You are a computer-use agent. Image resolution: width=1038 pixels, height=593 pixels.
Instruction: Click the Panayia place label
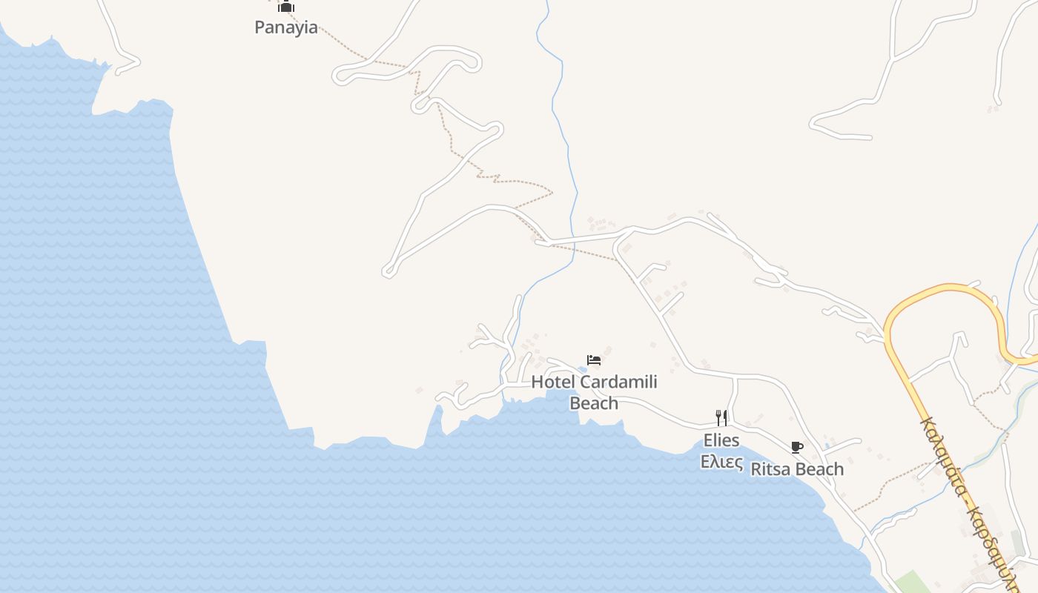[286, 27]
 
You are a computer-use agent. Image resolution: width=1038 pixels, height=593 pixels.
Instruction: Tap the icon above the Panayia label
[286, 7]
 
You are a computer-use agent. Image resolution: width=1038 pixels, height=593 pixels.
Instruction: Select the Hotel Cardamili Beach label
[594, 392]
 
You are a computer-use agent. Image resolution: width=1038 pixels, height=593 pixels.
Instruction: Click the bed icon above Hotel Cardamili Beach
[594, 360]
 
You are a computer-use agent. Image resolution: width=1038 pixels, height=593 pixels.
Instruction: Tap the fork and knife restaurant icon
[721, 417]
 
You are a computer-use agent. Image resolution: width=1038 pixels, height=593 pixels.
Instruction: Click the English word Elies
[721, 440]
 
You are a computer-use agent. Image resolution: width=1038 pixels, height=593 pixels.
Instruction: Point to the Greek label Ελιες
[722, 461]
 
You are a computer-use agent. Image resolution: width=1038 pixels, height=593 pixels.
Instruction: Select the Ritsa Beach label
[797, 469]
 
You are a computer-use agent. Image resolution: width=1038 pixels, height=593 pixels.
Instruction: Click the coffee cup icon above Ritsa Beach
[797, 447]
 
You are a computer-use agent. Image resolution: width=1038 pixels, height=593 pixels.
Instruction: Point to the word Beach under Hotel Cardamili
[594, 403]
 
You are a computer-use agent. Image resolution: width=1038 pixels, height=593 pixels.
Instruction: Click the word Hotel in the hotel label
[553, 382]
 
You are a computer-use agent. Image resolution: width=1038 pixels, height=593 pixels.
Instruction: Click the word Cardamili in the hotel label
[618, 382]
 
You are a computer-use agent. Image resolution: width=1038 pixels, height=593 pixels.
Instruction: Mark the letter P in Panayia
[259, 27]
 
